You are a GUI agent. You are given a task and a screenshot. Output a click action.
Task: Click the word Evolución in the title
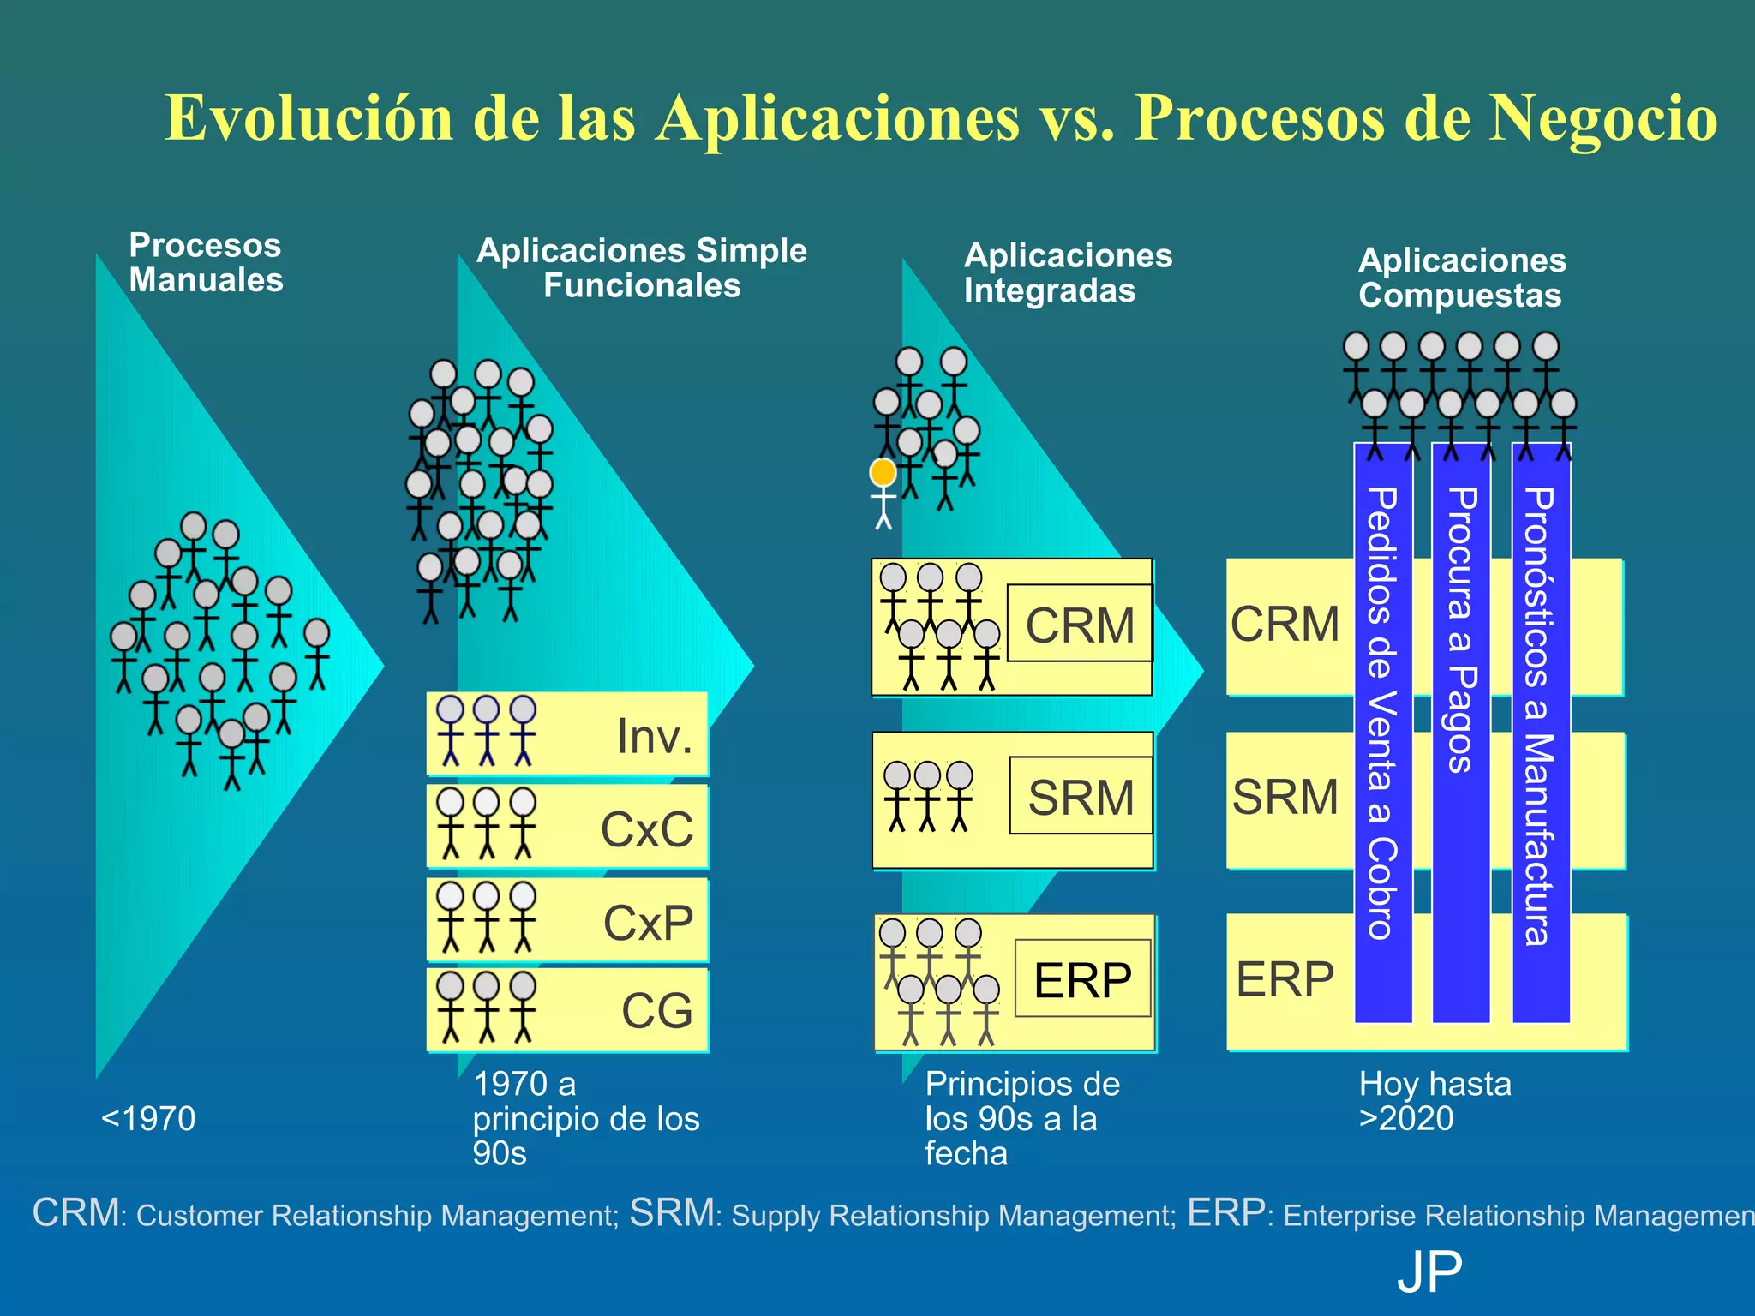308,118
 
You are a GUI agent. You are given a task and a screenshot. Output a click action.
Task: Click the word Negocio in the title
1602,118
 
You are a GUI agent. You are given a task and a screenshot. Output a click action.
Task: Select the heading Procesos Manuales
206,263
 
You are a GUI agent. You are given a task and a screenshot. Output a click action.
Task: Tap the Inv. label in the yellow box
655,736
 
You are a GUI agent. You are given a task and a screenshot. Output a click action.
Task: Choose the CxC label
647,829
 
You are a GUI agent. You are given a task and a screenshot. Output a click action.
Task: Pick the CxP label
648,923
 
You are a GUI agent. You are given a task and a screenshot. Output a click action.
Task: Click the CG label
656,1011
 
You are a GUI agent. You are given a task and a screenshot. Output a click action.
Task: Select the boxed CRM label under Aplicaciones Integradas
1080,625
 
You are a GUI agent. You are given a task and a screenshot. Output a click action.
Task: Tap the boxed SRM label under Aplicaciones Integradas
1081,797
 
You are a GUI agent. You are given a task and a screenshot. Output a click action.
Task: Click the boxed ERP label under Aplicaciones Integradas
1082,979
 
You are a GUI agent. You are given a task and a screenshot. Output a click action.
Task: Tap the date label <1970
148,1118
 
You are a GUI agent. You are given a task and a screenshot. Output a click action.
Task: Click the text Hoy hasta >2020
1435,1101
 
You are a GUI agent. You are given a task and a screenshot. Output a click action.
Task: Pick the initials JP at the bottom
1429,1272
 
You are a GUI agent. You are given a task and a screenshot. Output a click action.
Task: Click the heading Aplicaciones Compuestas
1462,278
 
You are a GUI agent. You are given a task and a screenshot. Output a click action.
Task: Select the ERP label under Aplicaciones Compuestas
1285,978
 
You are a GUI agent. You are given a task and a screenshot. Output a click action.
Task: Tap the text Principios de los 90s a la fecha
1021,1118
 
